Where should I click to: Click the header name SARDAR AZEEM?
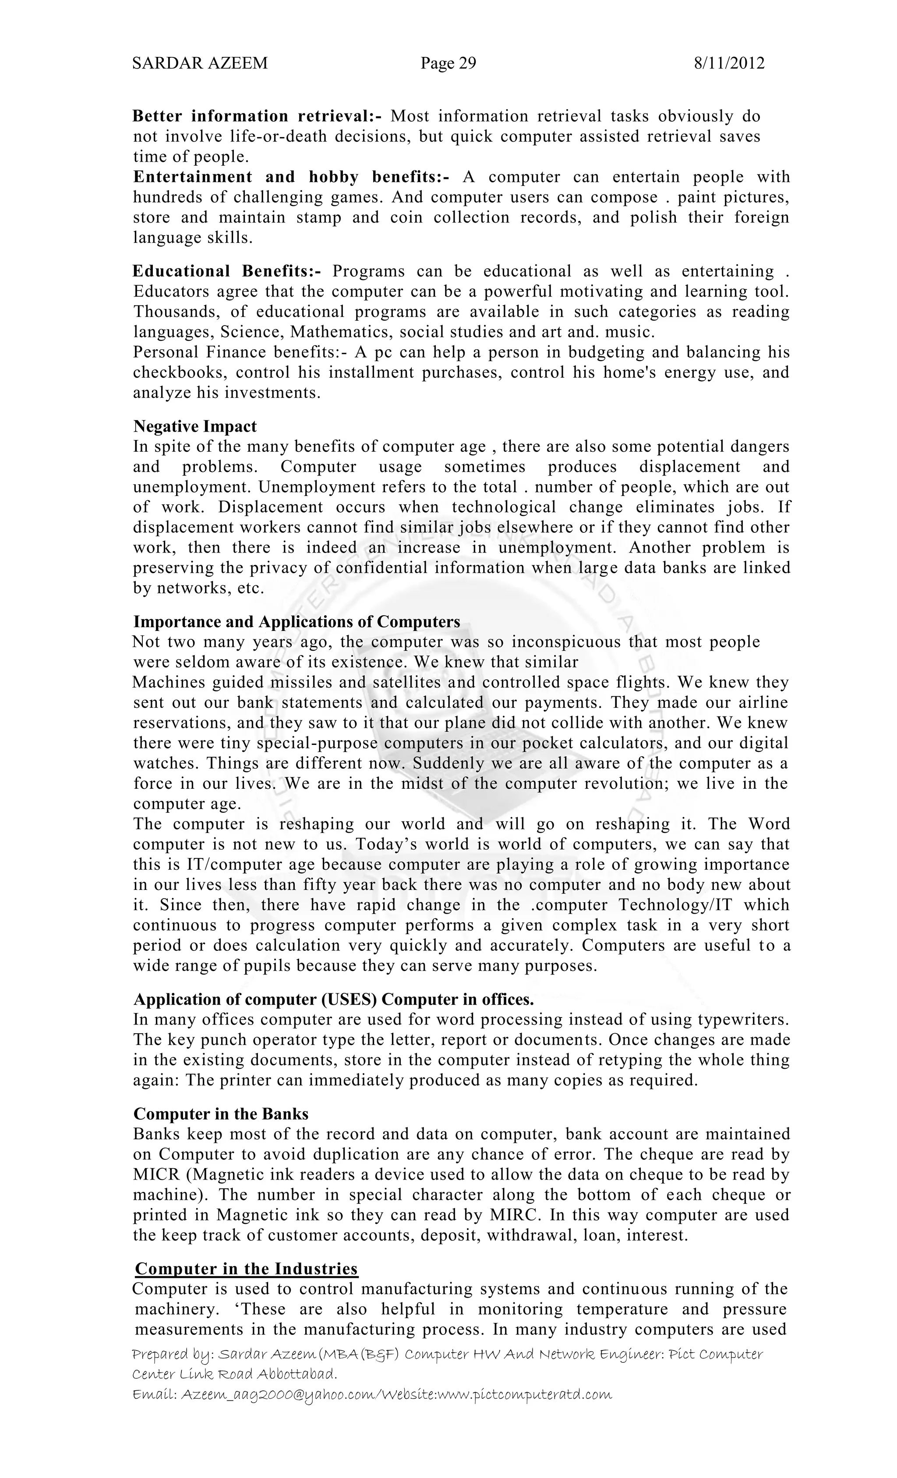point(200,63)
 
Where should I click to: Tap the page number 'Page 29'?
point(448,63)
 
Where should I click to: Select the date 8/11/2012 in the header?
point(728,63)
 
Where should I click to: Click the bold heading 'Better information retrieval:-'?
point(257,116)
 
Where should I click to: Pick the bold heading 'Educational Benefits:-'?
point(226,271)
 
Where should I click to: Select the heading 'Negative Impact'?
point(194,426)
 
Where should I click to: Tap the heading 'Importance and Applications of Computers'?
point(296,621)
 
